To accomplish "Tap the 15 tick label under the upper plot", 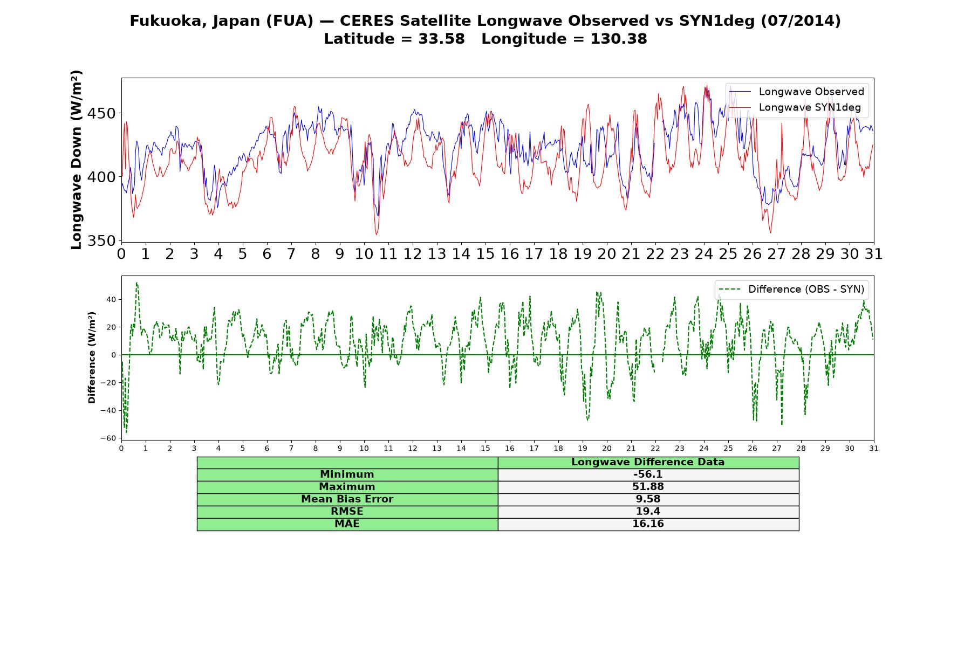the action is [x=485, y=254].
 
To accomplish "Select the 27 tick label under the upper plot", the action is [x=777, y=254].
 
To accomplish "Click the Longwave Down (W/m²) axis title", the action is [x=76, y=160].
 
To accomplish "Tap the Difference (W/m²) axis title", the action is [x=92, y=357].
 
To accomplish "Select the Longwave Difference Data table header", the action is [x=648, y=462].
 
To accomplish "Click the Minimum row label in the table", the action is [x=347, y=474].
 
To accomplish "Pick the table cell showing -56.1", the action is [x=648, y=474].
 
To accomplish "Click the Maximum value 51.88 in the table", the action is [x=648, y=487].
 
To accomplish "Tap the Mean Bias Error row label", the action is [x=347, y=499].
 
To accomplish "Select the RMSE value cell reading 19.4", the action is [x=648, y=512].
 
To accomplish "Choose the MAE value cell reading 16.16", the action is [x=648, y=524].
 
